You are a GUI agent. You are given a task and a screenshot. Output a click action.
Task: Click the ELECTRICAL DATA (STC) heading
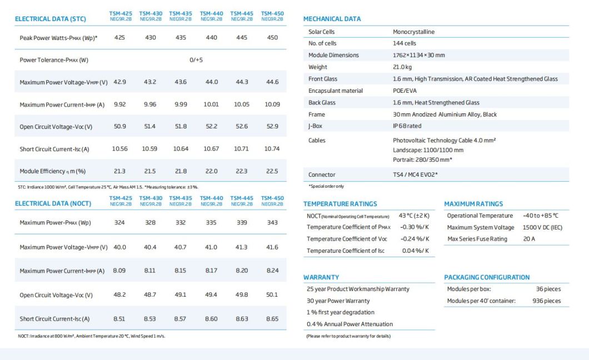[50, 18]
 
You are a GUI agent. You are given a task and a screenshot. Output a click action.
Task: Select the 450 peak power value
[272, 37]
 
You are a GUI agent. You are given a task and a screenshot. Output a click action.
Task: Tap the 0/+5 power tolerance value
[196, 60]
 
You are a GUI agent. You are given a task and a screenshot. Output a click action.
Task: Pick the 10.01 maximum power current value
[211, 104]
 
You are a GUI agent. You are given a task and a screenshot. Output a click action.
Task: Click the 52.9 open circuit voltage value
[272, 126]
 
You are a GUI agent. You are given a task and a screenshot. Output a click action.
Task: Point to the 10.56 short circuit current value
[120, 148]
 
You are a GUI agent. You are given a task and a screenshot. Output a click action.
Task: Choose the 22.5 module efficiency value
[272, 171]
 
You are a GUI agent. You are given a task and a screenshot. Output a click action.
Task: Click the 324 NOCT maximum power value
[119, 222]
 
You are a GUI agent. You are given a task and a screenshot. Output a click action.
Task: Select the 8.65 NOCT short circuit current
[272, 319]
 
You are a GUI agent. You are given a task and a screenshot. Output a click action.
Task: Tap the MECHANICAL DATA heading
[332, 19]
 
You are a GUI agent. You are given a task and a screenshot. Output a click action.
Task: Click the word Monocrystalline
[413, 32]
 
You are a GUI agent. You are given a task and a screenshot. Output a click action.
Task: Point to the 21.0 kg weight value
[402, 67]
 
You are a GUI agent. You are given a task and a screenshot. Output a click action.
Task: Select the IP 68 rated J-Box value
[407, 126]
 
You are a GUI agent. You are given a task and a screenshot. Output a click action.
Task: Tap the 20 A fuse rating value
[530, 239]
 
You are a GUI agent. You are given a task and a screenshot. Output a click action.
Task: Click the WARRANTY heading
[321, 277]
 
